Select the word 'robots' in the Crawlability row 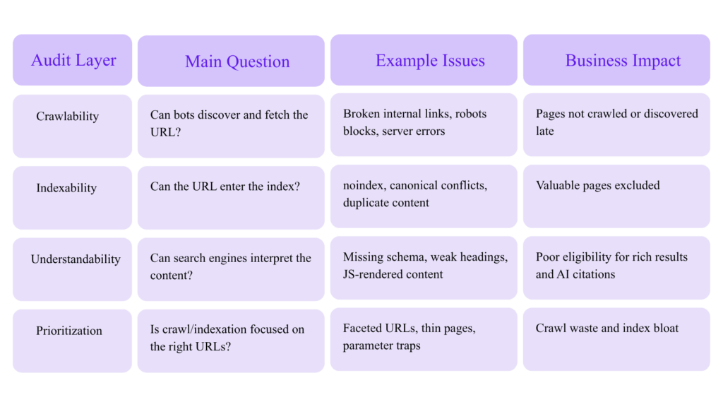click(470, 114)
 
